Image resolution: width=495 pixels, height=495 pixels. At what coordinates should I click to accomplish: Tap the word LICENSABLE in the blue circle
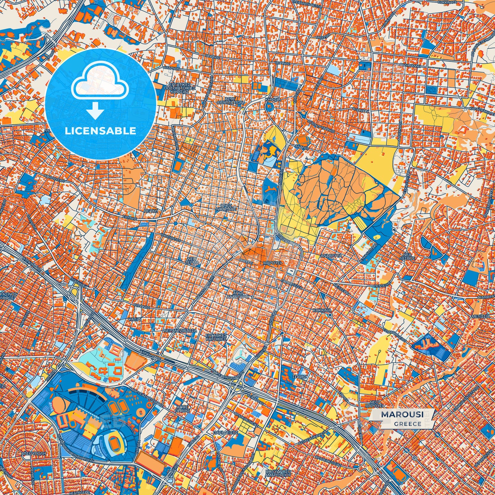tap(101, 131)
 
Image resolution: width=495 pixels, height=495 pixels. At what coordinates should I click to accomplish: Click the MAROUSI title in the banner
tap(402, 414)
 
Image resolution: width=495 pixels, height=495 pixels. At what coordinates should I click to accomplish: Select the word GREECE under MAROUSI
tap(408, 424)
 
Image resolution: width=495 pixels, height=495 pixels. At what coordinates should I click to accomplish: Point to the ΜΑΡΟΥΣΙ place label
tap(273, 263)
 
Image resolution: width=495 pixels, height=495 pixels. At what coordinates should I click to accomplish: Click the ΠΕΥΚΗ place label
tap(151, 211)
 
